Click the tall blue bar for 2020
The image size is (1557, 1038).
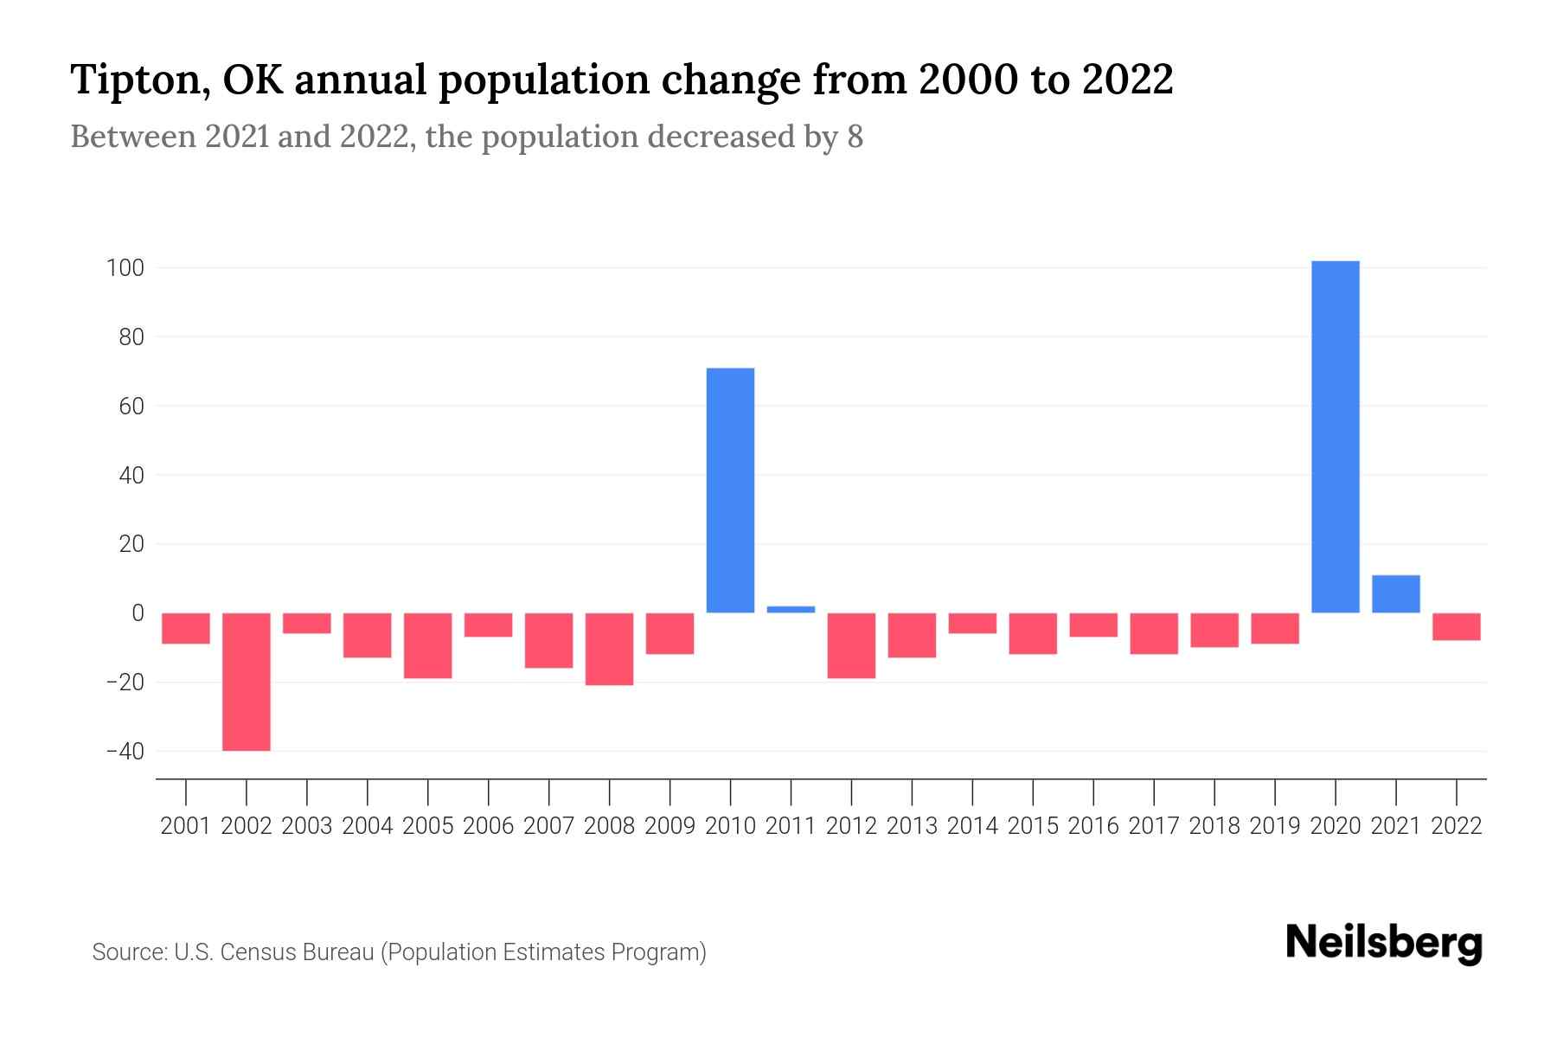click(1335, 437)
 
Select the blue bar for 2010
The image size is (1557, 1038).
click(730, 490)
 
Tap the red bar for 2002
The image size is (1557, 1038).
click(247, 682)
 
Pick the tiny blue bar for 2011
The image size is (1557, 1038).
click(791, 609)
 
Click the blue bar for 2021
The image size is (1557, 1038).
click(1395, 594)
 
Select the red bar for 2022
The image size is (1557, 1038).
click(1456, 626)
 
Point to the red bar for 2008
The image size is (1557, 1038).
click(609, 649)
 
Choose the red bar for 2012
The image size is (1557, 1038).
click(851, 645)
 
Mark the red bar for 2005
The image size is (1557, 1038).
click(427, 645)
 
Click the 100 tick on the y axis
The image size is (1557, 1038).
click(125, 268)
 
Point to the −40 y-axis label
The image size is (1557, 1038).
click(125, 751)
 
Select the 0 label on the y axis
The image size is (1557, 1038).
click(138, 613)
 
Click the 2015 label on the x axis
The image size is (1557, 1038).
click(1033, 826)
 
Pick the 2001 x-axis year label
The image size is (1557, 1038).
click(186, 826)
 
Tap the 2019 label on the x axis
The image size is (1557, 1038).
click(1274, 826)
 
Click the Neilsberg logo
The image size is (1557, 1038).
click(1384, 943)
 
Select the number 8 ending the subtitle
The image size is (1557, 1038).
click(855, 137)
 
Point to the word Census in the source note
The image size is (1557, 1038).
click(253, 952)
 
